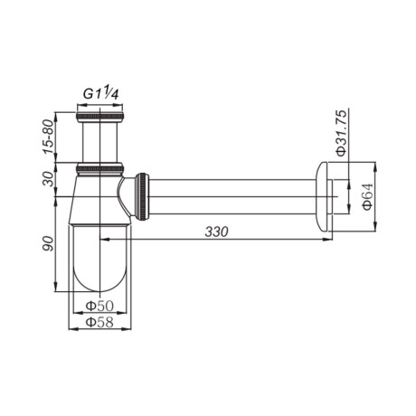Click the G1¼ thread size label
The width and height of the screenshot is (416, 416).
coord(101,93)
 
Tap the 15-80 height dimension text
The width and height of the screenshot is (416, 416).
coord(49,137)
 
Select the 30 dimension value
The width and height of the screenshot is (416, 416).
coord(49,179)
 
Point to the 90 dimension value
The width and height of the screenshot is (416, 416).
coord(48,243)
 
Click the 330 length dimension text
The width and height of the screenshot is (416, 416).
coord(216,232)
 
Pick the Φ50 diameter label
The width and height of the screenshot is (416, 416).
coord(99,307)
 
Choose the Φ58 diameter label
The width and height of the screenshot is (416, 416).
coord(99,322)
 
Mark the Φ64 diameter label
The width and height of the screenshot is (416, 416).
coord(368,196)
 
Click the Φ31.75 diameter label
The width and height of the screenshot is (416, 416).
coord(342,133)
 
